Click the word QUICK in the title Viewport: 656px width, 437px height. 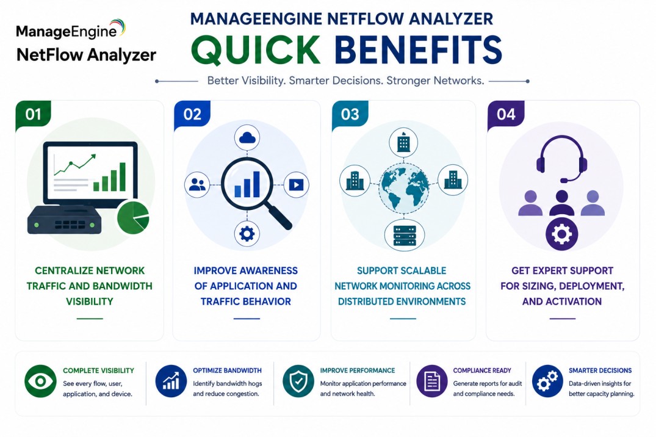tap(256, 50)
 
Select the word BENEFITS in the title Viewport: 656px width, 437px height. tap(418, 50)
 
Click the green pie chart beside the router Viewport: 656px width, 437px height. tap(133, 217)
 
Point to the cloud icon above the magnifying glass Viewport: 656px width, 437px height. tap(247, 138)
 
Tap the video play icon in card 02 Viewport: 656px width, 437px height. tap(296, 184)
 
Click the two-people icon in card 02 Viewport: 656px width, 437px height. tap(197, 184)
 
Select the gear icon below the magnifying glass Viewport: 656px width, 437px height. tap(247, 234)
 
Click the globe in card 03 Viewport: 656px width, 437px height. tap(404, 187)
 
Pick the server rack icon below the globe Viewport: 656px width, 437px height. tap(405, 235)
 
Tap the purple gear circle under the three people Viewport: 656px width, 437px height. tap(562, 234)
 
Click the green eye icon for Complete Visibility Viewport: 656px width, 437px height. tap(40, 381)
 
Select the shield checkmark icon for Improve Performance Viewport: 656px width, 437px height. tap(298, 381)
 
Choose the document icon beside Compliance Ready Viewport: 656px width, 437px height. tap(432, 381)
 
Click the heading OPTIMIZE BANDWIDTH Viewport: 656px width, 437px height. tap(227, 370)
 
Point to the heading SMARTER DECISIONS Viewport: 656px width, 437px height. tap(600, 370)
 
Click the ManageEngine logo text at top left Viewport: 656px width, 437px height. tap(67, 32)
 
